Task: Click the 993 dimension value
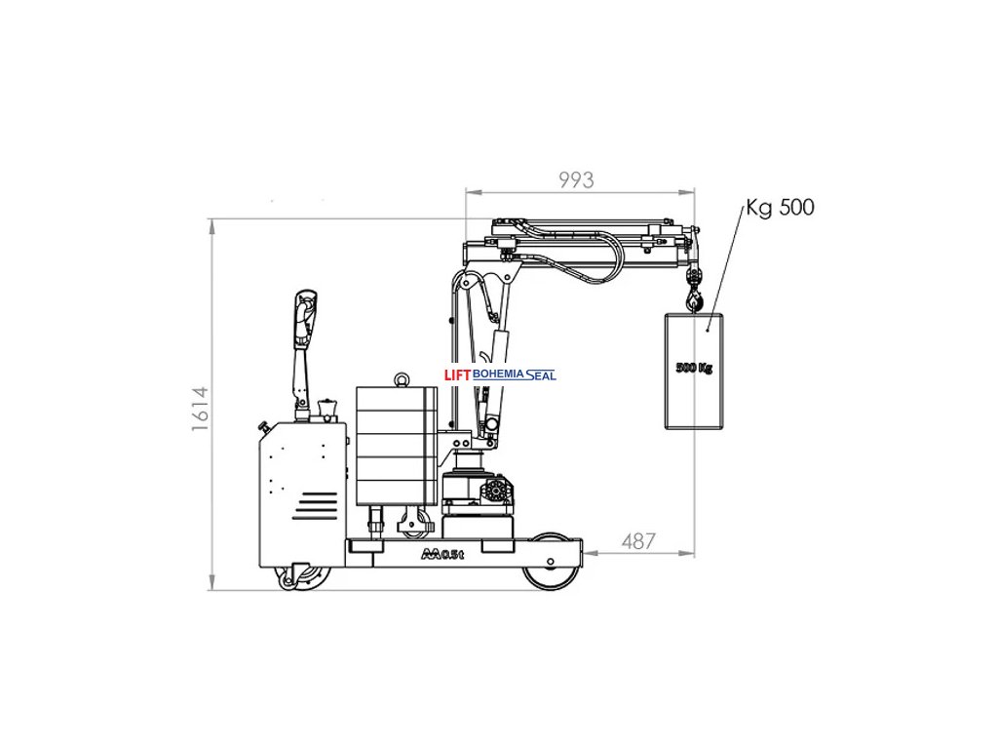pyautogui.click(x=576, y=180)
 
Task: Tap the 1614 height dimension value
pyautogui.click(x=201, y=409)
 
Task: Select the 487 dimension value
pyautogui.click(x=637, y=540)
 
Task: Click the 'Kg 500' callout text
pyautogui.click(x=780, y=208)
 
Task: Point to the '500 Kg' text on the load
pyautogui.click(x=694, y=368)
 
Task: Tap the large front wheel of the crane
pyautogui.click(x=551, y=562)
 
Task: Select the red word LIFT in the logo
pyautogui.click(x=457, y=375)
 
